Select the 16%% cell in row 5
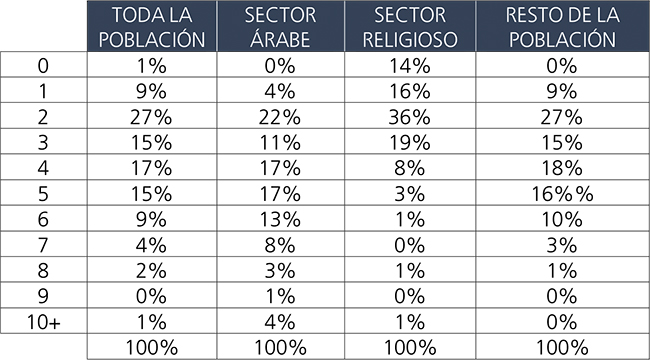pos(561,194)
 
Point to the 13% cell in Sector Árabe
pos(282,220)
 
